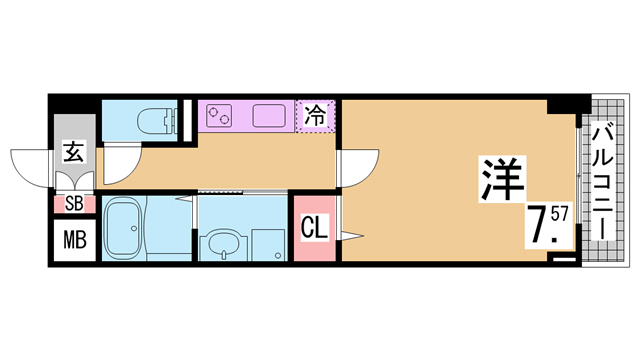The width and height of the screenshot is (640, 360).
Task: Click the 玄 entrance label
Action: coord(74,151)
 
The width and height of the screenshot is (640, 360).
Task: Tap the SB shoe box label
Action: coord(74,204)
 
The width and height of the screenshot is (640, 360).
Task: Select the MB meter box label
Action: coord(75,240)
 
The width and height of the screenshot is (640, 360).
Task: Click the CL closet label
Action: coord(314,228)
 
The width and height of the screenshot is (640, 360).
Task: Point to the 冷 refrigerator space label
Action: coord(316,115)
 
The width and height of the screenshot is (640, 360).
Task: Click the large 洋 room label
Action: coord(503,178)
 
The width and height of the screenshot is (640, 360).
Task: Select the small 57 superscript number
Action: coord(559,213)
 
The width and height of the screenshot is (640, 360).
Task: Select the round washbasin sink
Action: coord(223,245)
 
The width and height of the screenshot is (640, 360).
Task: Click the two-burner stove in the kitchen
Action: coord(219,116)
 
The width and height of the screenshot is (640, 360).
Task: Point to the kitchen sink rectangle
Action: coord(269,116)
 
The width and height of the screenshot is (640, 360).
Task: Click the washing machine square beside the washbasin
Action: coord(268,244)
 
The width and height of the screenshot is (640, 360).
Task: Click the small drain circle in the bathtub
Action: coord(133,228)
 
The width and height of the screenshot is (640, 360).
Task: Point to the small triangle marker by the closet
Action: coord(351,236)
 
